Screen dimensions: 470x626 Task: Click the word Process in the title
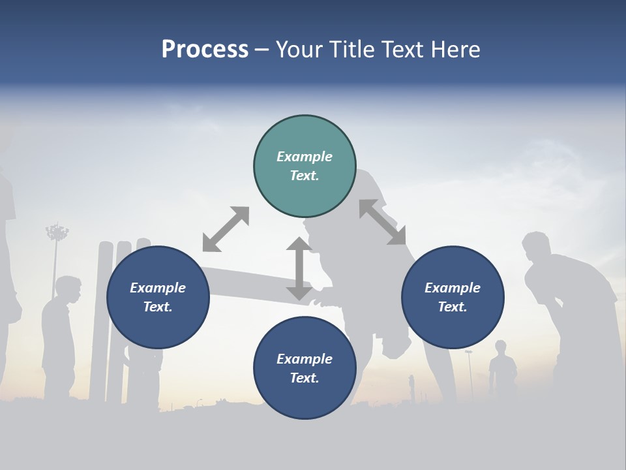tap(205, 50)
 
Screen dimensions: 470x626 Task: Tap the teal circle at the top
tap(305, 166)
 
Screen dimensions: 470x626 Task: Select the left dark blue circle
tap(158, 298)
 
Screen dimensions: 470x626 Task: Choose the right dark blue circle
tap(453, 298)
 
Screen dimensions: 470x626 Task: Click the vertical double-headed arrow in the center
tap(299, 268)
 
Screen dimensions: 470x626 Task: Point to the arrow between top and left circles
tap(226, 229)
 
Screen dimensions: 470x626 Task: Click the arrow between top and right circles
tap(382, 222)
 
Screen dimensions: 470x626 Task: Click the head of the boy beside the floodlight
tap(68, 288)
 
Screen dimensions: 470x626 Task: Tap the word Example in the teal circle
tap(305, 157)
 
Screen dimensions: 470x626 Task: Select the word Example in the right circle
tap(453, 288)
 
